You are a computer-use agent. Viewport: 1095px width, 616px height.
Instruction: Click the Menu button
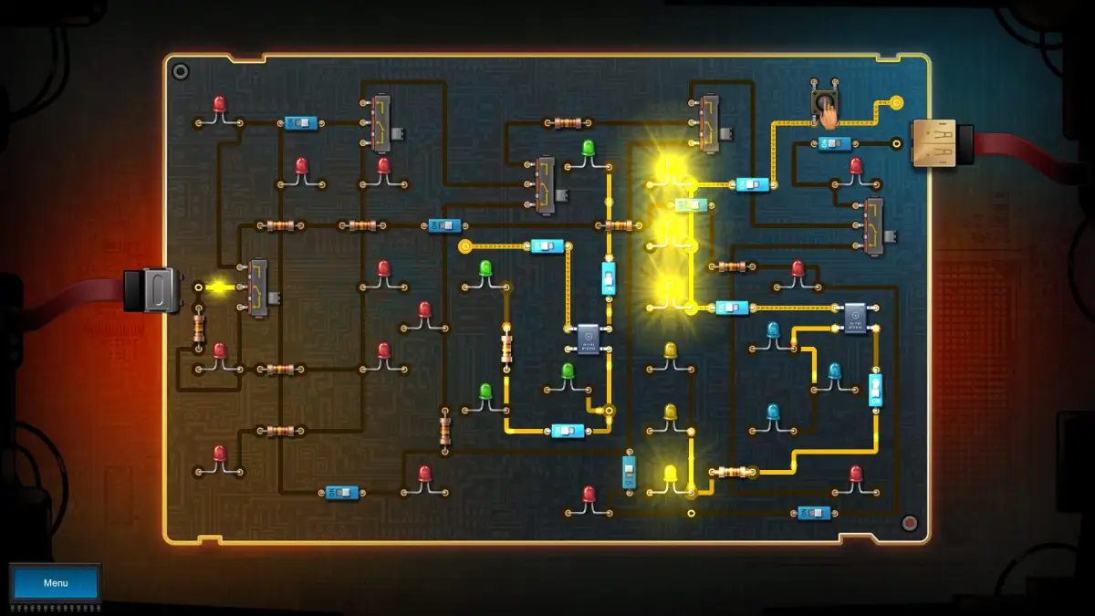click(55, 583)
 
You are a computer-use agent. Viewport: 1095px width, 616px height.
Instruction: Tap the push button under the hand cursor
click(824, 101)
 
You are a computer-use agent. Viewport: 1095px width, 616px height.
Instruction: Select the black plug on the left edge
click(151, 289)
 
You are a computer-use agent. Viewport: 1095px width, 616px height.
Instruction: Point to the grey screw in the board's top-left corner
click(181, 71)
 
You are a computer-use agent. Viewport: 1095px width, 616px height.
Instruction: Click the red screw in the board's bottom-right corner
click(909, 523)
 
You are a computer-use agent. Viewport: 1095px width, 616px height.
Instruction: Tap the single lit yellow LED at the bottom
click(671, 474)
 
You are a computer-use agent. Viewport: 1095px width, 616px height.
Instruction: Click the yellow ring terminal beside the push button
click(896, 102)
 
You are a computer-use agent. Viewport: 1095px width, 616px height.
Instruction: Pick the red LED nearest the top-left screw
click(219, 106)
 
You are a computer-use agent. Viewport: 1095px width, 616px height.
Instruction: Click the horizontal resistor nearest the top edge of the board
click(568, 122)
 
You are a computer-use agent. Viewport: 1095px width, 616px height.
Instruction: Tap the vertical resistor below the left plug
click(199, 326)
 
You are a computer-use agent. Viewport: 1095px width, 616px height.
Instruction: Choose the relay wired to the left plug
click(258, 288)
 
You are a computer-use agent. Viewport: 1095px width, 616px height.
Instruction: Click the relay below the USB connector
click(874, 224)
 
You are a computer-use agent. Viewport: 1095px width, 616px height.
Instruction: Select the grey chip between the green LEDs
click(589, 339)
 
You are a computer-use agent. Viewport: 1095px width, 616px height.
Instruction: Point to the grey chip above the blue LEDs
click(855, 318)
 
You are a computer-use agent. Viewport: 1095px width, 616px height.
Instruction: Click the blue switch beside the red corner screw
click(813, 513)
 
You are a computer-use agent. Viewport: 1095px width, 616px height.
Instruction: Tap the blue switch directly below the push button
click(834, 143)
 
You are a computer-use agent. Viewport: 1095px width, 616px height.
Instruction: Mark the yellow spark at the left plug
click(218, 287)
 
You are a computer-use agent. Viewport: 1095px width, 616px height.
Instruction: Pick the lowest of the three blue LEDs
click(774, 412)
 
